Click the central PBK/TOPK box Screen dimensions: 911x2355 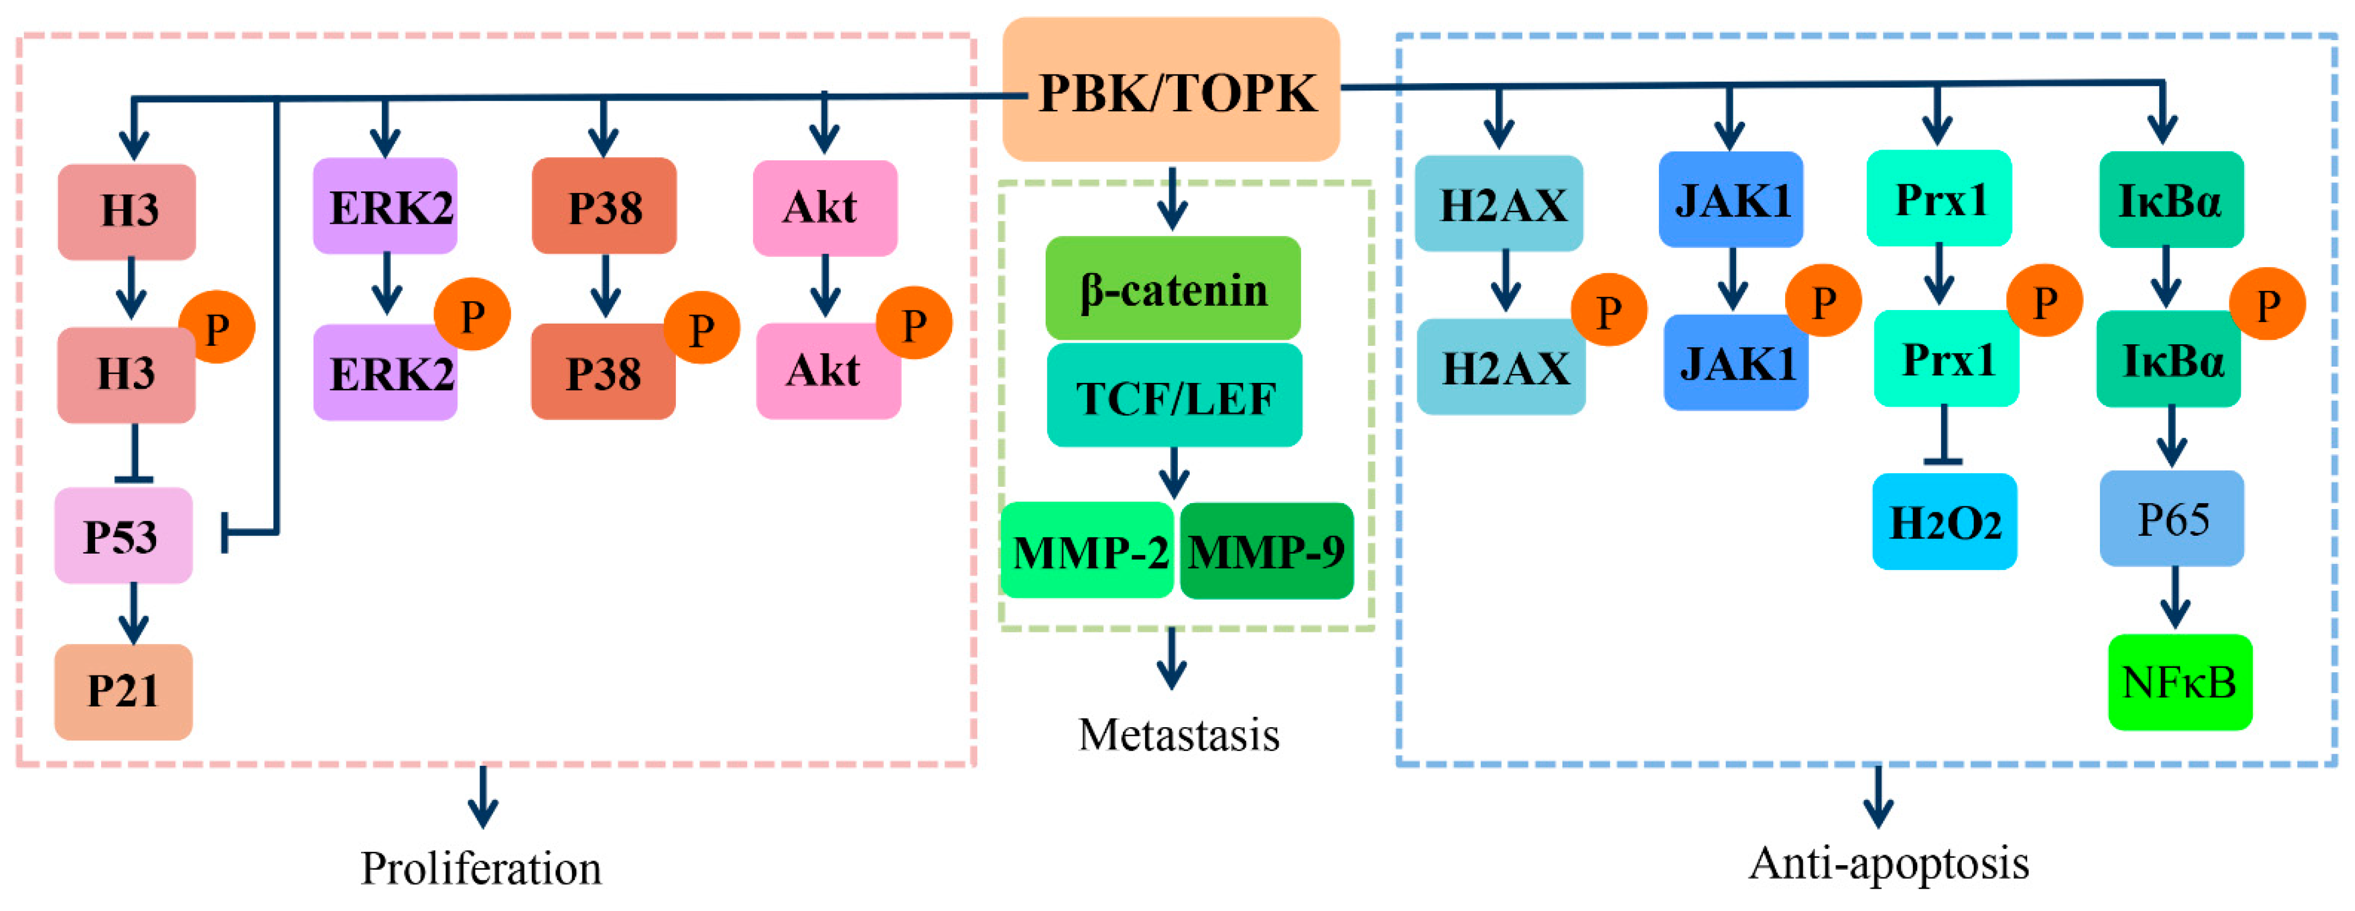click(x=1171, y=90)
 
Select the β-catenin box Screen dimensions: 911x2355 click(x=1173, y=288)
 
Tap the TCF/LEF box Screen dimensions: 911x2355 click(x=1175, y=396)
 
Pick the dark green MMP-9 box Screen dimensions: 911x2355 click(x=1266, y=550)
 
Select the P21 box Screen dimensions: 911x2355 click(x=123, y=691)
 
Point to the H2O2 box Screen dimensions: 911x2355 click(x=1944, y=522)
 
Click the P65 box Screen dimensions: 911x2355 click(x=2172, y=519)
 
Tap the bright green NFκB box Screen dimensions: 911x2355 click(x=2179, y=683)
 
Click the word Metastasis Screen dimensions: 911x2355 click(x=1178, y=734)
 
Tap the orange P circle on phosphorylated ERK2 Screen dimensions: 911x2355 click(x=472, y=315)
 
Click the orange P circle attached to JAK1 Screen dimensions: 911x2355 click(x=1823, y=301)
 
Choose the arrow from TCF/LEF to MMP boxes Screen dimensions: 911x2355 click(x=1174, y=472)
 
